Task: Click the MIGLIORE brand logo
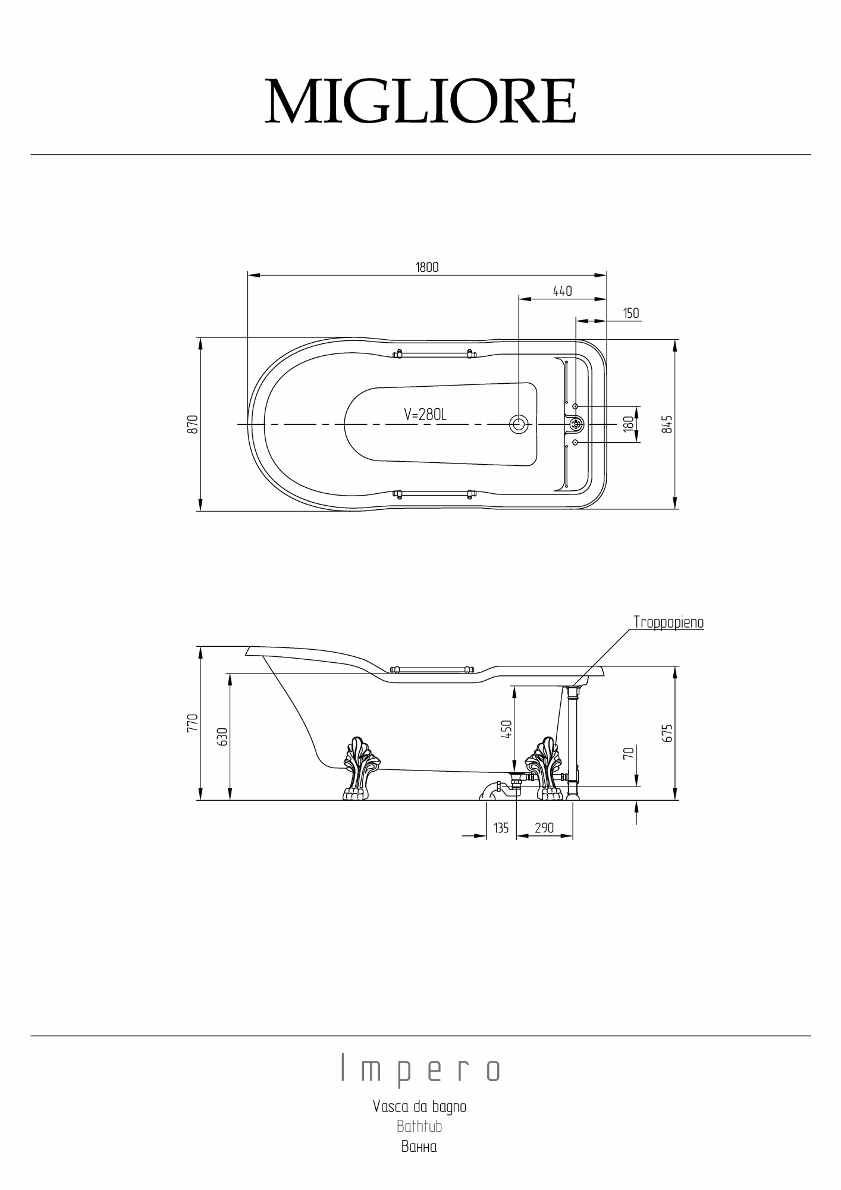(x=421, y=102)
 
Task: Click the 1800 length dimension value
(x=427, y=267)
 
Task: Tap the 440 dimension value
(x=562, y=291)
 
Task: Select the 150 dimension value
(x=631, y=313)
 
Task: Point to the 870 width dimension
(x=192, y=424)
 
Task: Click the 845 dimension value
(x=667, y=424)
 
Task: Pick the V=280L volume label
(x=425, y=415)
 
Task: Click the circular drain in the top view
(x=519, y=424)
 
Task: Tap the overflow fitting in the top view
(x=576, y=424)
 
